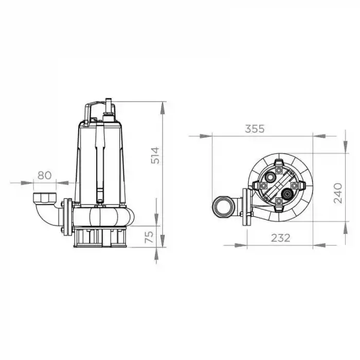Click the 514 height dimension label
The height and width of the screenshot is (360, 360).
tap(155, 155)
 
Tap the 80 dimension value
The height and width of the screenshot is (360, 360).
tap(45, 175)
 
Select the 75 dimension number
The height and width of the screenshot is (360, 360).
tap(149, 237)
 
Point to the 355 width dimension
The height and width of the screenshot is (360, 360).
tap(255, 129)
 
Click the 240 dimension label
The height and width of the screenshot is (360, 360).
tap(338, 193)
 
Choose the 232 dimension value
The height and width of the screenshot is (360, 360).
tap(281, 238)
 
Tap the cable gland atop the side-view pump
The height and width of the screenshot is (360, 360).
tap(109, 110)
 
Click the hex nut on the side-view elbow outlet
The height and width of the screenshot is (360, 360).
tap(45, 197)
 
